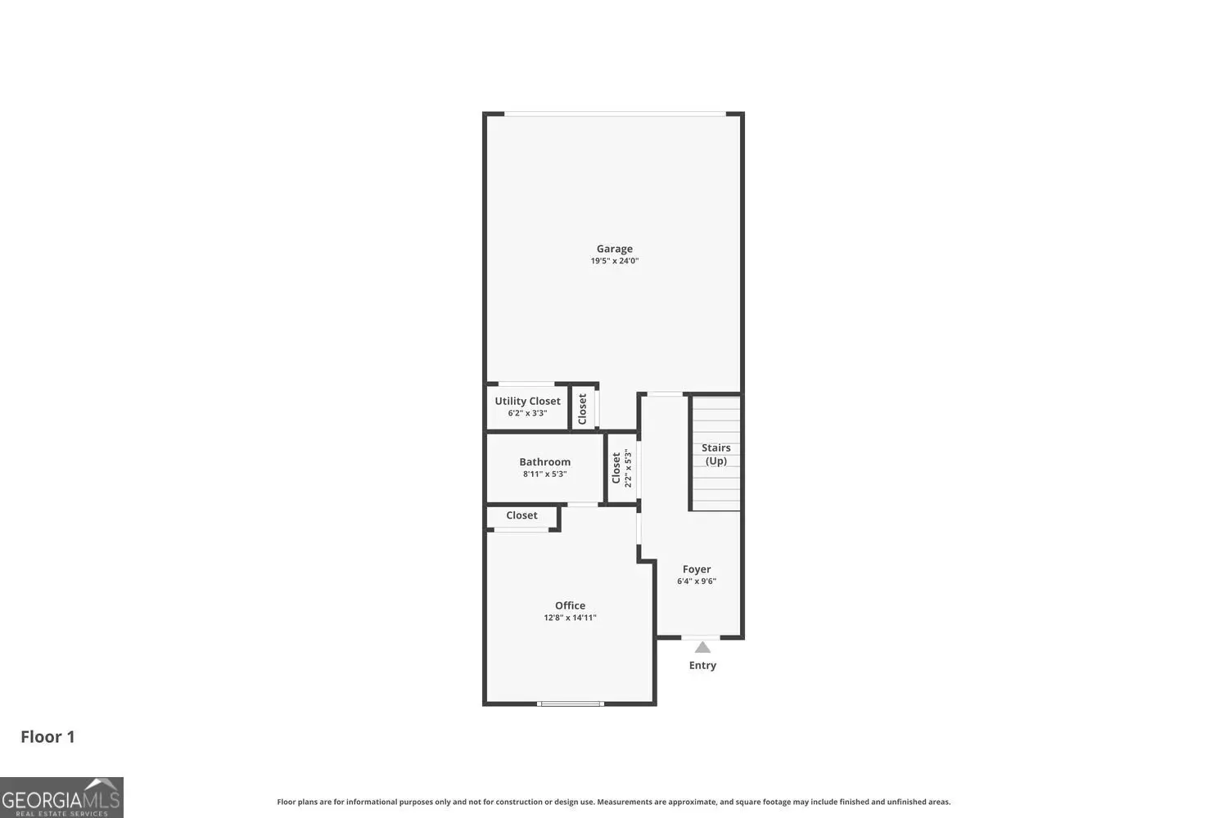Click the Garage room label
click(614, 249)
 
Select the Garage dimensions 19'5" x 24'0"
click(614, 261)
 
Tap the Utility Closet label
click(527, 401)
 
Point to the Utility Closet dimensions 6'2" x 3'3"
click(527, 413)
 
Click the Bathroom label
click(545, 462)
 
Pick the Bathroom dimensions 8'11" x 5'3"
click(545, 474)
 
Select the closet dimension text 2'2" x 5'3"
click(628, 468)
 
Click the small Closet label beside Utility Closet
click(582, 409)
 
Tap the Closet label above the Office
click(521, 515)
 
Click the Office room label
click(570, 605)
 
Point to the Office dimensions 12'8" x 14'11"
click(570, 618)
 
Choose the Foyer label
click(696, 569)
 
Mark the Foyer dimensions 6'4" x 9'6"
click(696, 582)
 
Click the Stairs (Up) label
click(716, 454)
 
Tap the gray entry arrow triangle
click(702, 648)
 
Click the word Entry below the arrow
click(702, 665)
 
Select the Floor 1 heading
click(47, 737)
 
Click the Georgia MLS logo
click(61, 798)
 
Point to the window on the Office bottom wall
click(570, 703)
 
